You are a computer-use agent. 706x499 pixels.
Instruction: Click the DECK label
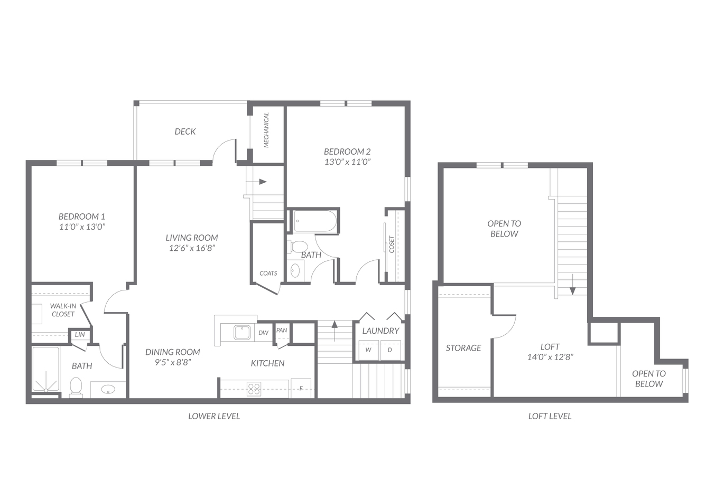coord(185,131)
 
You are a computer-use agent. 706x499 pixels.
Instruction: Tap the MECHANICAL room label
coord(266,130)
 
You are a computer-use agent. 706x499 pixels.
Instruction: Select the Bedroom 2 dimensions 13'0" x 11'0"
coord(347,162)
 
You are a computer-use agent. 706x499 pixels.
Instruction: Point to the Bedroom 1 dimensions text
coord(82,227)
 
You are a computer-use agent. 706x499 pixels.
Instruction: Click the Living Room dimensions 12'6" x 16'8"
coord(192,248)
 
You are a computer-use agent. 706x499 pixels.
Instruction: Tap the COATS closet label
coord(268,273)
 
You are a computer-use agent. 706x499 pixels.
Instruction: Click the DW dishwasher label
coord(263,333)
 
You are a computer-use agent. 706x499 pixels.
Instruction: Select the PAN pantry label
coord(282,330)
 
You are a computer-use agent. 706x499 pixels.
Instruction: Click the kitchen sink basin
coord(242,333)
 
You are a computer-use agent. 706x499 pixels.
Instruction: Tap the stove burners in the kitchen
coord(254,389)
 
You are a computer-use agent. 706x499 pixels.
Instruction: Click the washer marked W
coord(368,350)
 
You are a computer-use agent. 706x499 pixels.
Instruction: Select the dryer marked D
coord(390,350)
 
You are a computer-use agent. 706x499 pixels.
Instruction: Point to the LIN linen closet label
coord(80,335)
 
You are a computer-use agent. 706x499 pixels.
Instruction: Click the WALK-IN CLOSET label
coord(63,310)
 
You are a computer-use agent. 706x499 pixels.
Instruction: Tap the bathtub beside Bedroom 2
coord(314,221)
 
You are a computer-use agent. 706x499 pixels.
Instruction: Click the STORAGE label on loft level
coord(463,348)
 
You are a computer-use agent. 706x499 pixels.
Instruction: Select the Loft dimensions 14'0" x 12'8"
coord(550,357)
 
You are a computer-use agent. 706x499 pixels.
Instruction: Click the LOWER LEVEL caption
coord(214,416)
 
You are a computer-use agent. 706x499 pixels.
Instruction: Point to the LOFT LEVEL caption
coord(550,416)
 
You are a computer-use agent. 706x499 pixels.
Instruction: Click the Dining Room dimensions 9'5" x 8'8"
coord(173,362)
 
